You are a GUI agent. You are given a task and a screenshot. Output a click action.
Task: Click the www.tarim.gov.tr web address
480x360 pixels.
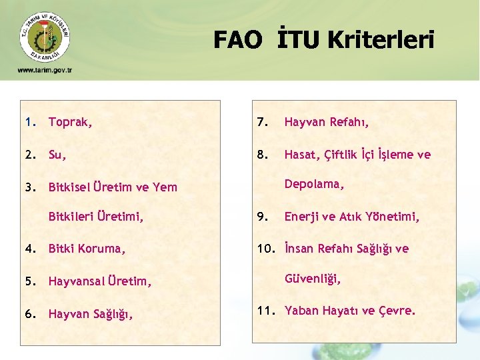pos(45,70)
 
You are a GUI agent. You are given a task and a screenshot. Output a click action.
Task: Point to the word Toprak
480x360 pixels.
pos(70,123)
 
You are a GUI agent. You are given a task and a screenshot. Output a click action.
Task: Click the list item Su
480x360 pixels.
pos(57,155)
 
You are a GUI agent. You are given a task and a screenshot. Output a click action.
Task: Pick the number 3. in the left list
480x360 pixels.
pos(30,187)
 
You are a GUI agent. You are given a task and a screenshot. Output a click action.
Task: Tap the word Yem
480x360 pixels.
pos(165,187)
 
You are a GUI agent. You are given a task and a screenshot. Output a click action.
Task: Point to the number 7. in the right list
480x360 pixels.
pos(261,123)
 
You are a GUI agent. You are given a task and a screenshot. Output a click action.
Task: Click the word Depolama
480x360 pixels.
pos(314,184)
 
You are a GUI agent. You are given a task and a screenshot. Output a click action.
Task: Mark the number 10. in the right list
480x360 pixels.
pos(265,249)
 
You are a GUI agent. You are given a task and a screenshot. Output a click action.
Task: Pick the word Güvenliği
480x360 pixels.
pos(313,280)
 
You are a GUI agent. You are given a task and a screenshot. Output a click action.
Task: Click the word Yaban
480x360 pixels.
pos(302,311)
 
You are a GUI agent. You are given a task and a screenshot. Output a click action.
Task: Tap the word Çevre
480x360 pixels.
pos(398,311)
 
